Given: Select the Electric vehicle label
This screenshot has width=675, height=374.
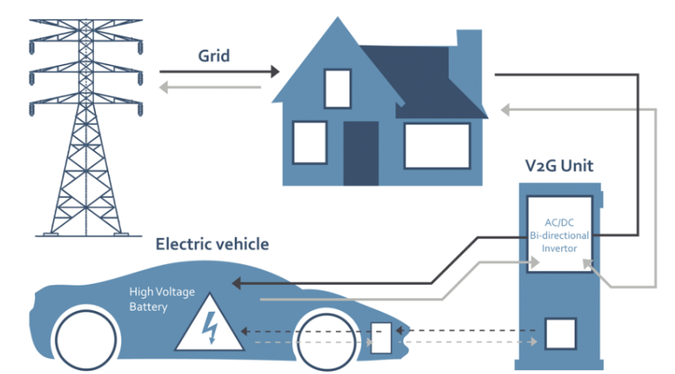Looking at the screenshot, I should (212, 244).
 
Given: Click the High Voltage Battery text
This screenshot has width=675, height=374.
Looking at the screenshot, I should (162, 299).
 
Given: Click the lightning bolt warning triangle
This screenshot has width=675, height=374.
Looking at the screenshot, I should (210, 325).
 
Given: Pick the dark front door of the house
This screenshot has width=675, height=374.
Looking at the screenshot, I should (360, 153).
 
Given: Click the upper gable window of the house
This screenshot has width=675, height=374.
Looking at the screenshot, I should (337, 88).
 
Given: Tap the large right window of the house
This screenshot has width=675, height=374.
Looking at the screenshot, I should (436, 145).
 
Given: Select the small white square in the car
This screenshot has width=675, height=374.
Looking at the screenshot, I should (382, 337).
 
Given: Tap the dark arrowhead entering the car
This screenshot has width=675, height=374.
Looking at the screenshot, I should (237, 282).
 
